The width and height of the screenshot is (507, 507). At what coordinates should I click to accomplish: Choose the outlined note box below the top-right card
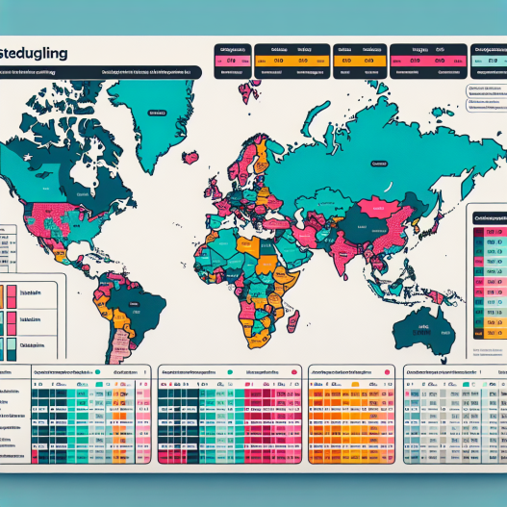click(x=486, y=96)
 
